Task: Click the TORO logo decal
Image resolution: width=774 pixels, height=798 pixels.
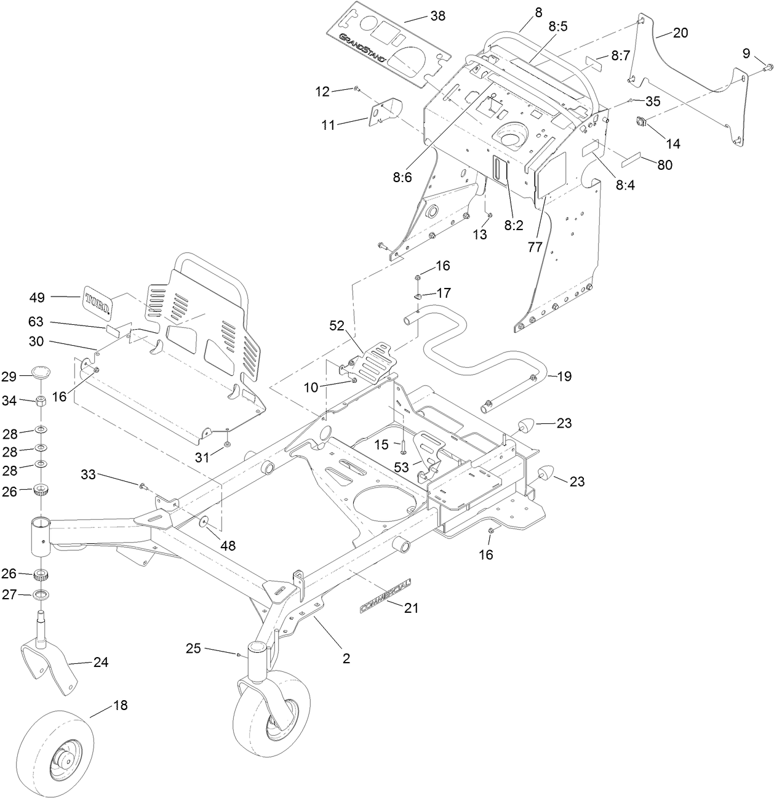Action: pyautogui.click(x=97, y=301)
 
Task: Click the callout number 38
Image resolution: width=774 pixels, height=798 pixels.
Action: pyautogui.click(x=437, y=16)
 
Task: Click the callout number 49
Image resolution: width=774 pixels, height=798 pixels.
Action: pyautogui.click(x=37, y=297)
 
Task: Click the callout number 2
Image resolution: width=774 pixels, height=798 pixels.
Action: pyautogui.click(x=346, y=658)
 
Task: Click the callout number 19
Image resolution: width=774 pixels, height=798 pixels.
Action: pyautogui.click(x=564, y=376)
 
